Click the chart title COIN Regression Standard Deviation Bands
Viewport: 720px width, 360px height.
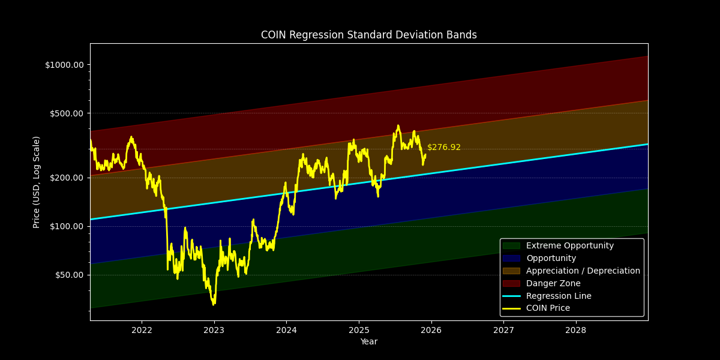pyautogui.click(x=368, y=35)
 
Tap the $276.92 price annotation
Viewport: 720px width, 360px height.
pyautogui.click(x=444, y=148)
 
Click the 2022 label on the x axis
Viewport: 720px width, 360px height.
pyautogui.click(x=142, y=330)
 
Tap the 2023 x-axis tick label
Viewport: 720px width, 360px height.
pyautogui.click(x=214, y=330)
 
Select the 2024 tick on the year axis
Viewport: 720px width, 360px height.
pyautogui.click(x=286, y=330)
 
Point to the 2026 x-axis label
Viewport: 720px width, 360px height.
pyautogui.click(x=431, y=330)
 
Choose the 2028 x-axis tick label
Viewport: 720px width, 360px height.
pyautogui.click(x=576, y=330)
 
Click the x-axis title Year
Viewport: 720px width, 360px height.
pyautogui.click(x=368, y=342)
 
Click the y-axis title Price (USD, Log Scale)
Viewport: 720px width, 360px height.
pyautogui.click(x=37, y=182)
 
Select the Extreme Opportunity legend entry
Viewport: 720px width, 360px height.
pyautogui.click(x=569, y=246)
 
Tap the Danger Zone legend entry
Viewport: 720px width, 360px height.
pyautogui.click(x=553, y=284)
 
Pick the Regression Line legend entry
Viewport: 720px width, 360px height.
pyautogui.click(x=558, y=296)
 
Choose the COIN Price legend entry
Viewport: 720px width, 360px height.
pyautogui.click(x=548, y=308)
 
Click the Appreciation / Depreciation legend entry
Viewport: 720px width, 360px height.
pyautogui.click(x=583, y=271)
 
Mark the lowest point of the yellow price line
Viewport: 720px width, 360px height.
pyautogui.click(x=213, y=305)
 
